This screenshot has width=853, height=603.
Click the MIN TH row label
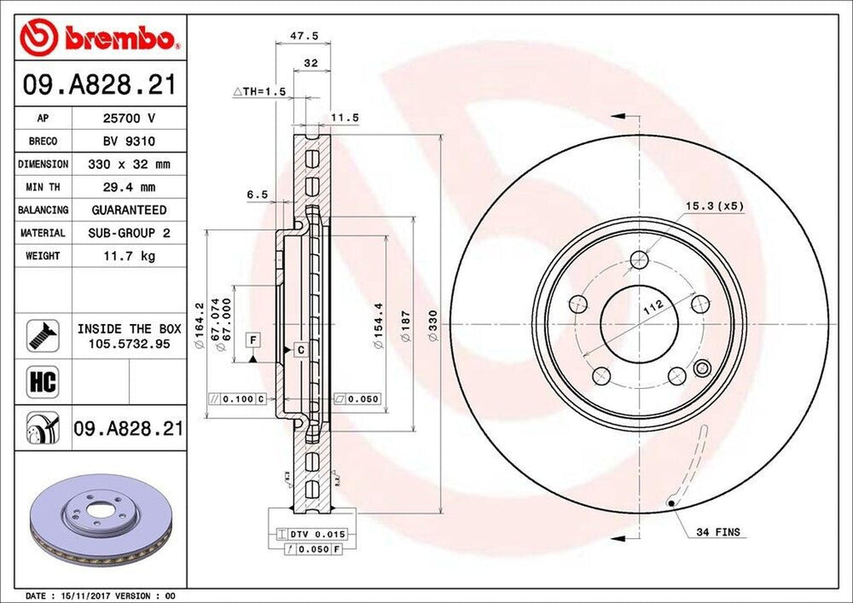click(x=42, y=187)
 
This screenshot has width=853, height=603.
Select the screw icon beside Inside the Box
click(x=42, y=334)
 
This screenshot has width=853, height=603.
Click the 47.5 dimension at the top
click(x=297, y=37)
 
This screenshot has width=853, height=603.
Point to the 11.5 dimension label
click(x=344, y=117)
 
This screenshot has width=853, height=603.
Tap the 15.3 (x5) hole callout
click(x=713, y=204)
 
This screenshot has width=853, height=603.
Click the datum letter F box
click(x=252, y=338)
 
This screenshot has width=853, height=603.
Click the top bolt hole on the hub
click(x=639, y=259)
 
